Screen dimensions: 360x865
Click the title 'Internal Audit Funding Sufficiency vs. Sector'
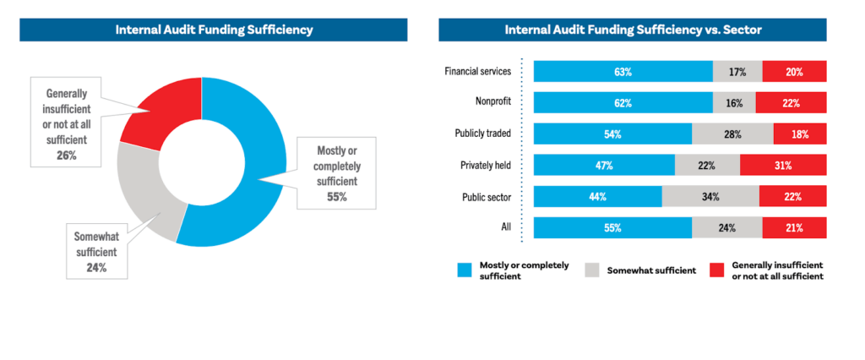(x=633, y=30)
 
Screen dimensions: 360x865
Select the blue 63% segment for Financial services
(x=623, y=72)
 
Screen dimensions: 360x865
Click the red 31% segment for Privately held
(x=783, y=166)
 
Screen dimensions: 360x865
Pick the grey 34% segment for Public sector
(x=710, y=197)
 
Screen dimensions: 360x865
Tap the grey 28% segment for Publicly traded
(x=732, y=134)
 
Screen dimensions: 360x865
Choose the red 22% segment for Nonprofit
(x=791, y=103)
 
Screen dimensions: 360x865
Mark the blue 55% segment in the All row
(x=612, y=228)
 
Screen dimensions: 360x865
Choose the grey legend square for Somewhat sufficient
(x=592, y=270)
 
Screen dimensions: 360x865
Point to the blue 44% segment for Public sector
(x=597, y=197)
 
